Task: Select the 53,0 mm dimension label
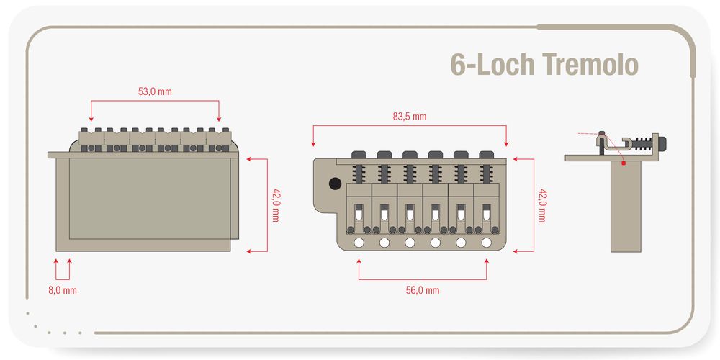155,91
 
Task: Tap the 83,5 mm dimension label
409,116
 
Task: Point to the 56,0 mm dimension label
422,290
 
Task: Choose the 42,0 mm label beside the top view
541,205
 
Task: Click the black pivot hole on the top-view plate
335,184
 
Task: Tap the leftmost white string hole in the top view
358,243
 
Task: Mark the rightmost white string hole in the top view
487,243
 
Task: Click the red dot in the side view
624,163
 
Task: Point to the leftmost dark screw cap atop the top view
358,154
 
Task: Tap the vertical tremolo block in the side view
625,209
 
